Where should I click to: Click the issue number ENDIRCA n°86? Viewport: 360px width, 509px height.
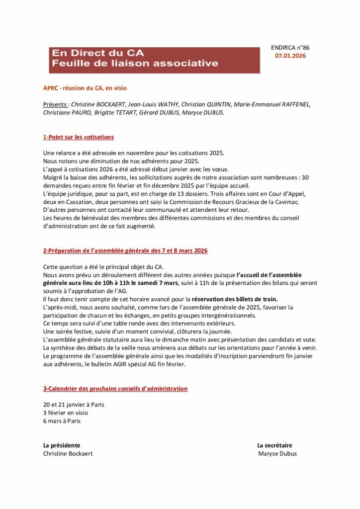click(x=290, y=48)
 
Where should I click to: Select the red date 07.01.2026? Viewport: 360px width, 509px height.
click(x=290, y=56)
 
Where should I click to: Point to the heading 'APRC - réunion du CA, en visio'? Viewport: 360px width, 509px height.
click(x=85, y=88)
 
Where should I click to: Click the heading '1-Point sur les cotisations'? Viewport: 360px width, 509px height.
click(x=79, y=137)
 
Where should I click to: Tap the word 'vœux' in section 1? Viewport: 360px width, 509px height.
click(x=220, y=169)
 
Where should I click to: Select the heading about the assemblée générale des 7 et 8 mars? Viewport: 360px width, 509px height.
click(x=125, y=251)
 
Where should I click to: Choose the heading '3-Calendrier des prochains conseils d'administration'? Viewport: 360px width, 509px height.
click(x=115, y=389)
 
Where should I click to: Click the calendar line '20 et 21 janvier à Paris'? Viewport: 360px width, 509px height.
click(x=74, y=405)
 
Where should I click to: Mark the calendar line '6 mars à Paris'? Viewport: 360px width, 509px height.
click(x=62, y=421)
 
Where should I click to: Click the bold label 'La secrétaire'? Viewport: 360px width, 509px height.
click(x=274, y=445)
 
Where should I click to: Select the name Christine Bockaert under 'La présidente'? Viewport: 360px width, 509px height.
click(x=68, y=453)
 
